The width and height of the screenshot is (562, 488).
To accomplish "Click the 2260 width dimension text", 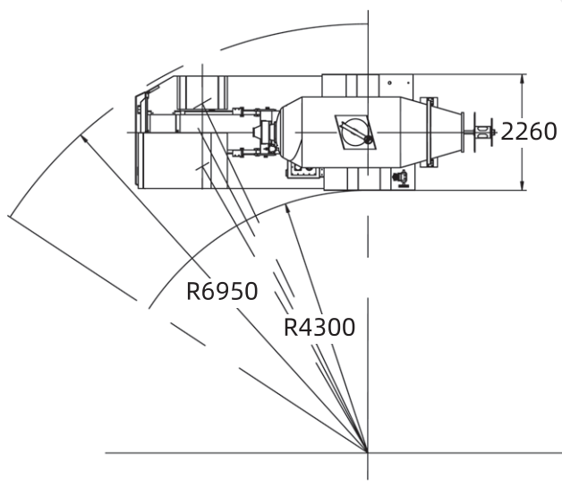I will [528, 132].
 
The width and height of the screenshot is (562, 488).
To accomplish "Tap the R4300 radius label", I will [319, 327].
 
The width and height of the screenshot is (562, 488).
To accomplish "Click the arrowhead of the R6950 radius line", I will [83, 136].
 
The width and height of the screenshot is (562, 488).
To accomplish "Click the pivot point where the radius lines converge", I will [367, 451].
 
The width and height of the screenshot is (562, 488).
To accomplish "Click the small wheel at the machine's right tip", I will [484, 133].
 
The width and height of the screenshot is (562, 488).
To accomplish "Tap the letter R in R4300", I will [292, 327].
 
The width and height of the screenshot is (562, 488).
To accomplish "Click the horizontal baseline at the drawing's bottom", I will [224, 452].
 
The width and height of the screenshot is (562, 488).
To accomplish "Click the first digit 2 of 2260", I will [507, 132].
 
